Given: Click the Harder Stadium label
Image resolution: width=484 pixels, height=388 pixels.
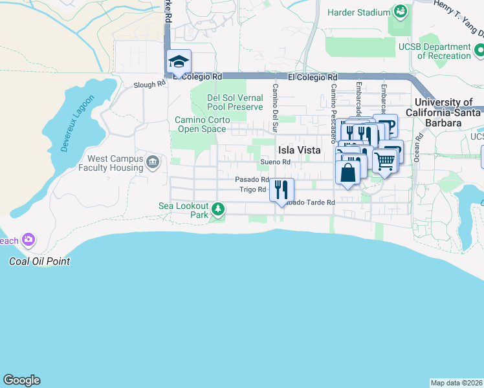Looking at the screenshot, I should click(x=358, y=12).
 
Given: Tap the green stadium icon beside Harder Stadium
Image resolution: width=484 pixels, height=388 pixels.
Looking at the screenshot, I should click(x=401, y=12).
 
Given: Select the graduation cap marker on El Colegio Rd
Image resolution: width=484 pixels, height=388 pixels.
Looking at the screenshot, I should click(x=179, y=62).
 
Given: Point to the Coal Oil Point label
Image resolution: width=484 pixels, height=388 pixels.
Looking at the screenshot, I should click(x=39, y=262).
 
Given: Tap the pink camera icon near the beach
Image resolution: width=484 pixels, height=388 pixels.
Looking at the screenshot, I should click(x=28, y=240).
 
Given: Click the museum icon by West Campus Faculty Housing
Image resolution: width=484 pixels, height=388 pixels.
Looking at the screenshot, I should click(x=153, y=162).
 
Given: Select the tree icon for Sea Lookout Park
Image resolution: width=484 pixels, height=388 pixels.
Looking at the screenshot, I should click(x=219, y=209).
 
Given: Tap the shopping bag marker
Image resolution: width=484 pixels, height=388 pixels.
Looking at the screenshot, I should click(x=347, y=173).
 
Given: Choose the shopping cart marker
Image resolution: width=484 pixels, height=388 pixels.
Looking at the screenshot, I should click(x=385, y=161).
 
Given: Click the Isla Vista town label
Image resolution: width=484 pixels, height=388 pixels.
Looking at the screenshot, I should click(x=299, y=149).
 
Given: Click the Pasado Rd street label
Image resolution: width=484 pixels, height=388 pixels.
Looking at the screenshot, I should click(x=251, y=179).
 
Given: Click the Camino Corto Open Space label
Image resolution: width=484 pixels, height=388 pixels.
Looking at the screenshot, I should click(x=200, y=124).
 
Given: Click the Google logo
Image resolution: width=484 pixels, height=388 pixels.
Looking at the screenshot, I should click(x=21, y=380).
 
